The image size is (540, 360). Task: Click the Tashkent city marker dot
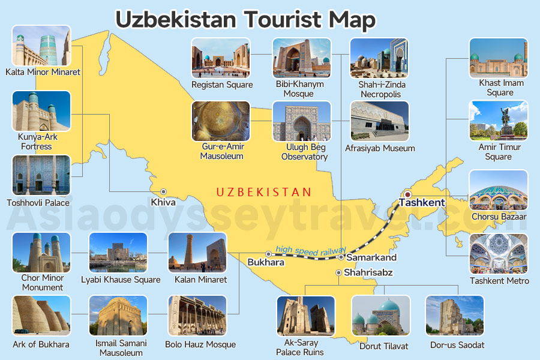coord(407,194)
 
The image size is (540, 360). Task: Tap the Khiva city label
coord(163,203)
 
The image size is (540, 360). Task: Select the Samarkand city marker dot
coord(341,257)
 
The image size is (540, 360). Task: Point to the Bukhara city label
coord(265,262)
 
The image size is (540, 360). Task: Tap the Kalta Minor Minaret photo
coord(41,46)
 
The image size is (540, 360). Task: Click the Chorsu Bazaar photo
coord(498,190)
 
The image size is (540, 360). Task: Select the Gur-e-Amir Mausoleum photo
coord(220,121)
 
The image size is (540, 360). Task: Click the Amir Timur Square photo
coord(498,120)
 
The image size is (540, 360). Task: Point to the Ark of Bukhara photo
coord(41,315)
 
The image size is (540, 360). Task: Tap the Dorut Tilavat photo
coord(380,316)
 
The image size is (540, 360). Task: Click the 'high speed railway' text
coord(311,251)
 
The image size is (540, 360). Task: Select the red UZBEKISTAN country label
coord(263,193)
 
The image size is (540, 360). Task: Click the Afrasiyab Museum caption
coord(380,148)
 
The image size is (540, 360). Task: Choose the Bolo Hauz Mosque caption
coord(200,344)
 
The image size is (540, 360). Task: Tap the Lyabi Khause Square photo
coord(118,253)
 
